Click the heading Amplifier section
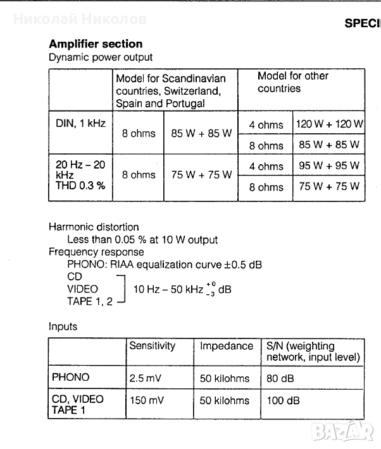click(x=96, y=44)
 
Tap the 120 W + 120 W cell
click(x=330, y=124)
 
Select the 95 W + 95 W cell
click(x=328, y=166)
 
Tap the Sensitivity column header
click(x=152, y=346)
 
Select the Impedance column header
click(x=226, y=346)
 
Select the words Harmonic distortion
click(x=94, y=227)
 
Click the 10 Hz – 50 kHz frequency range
click(x=167, y=290)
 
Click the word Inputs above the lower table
click(x=63, y=326)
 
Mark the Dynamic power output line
click(x=101, y=57)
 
